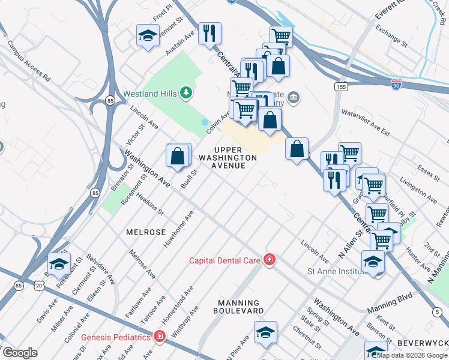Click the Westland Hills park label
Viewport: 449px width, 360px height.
(x=149, y=94)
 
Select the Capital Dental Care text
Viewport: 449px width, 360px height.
(x=224, y=260)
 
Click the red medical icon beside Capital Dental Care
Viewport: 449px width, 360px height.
(x=270, y=259)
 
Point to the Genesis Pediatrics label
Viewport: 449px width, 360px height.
(x=115, y=337)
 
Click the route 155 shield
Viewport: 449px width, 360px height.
(x=341, y=87)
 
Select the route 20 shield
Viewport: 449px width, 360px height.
(x=39, y=287)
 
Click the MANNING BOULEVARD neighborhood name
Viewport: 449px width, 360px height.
(x=239, y=307)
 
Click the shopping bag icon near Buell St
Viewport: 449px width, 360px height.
(x=178, y=155)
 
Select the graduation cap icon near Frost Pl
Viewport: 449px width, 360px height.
(x=147, y=35)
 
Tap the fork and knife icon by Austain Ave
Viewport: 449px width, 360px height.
(x=209, y=33)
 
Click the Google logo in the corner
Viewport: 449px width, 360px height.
(x=20, y=353)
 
